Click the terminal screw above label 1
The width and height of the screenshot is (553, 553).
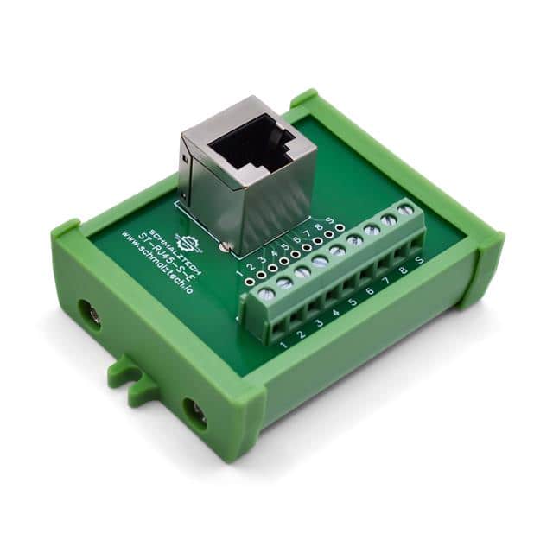pos(265,294)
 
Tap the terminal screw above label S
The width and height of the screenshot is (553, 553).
pos(405,209)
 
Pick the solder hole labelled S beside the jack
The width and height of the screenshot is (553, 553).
pos(340,227)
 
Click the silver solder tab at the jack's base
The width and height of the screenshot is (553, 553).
pos(226,249)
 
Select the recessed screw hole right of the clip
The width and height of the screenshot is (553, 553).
pos(196,414)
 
